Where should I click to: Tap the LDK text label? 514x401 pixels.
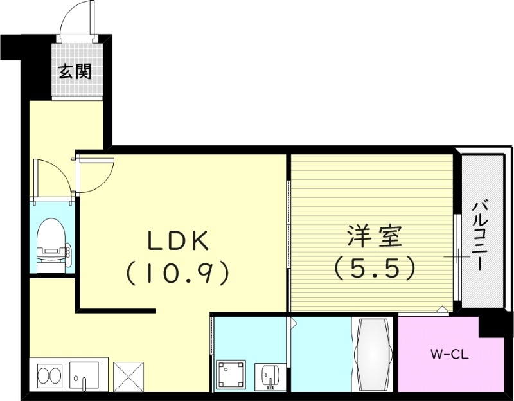click(178, 241)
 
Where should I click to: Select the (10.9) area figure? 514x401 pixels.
click(178, 274)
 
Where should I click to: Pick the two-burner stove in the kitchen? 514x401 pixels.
click(49, 375)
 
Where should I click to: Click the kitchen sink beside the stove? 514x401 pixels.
click(84, 375)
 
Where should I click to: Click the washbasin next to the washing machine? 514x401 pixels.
click(269, 375)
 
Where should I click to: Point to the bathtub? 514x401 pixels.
click(373, 355)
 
